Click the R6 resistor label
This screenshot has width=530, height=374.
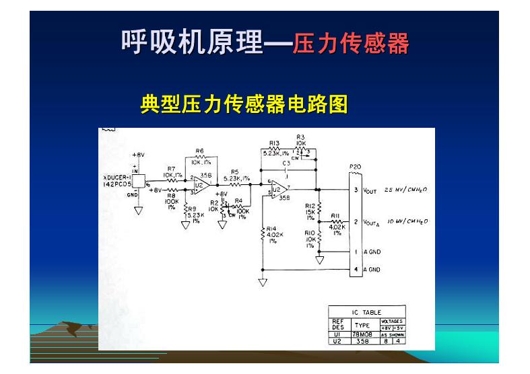point(199,151)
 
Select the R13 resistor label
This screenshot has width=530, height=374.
point(274,143)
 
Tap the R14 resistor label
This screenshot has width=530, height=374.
point(271,229)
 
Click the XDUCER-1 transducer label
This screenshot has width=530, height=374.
point(117,177)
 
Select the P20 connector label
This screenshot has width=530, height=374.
point(355,166)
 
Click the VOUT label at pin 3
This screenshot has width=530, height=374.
point(370,191)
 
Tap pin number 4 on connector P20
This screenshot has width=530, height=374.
point(356,270)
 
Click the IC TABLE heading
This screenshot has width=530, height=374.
point(366,312)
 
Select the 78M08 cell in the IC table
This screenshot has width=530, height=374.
point(362,334)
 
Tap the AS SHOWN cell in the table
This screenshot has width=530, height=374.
point(393,334)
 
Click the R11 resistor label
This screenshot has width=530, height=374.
point(336,217)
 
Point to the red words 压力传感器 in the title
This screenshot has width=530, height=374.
point(351,44)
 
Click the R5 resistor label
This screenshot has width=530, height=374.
point(234,172)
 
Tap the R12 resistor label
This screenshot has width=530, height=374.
point(310,206)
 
